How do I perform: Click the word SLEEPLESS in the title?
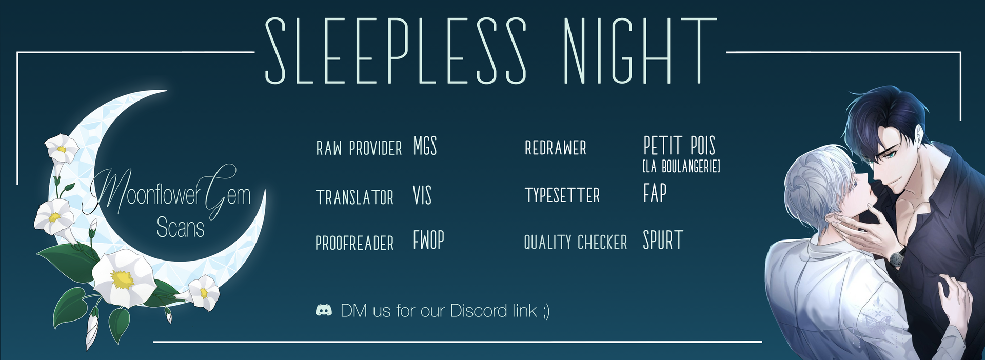coord(396,51)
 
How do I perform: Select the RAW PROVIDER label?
coord(359,148)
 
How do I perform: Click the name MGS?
coord(425,147)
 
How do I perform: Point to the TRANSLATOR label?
coord(354,197)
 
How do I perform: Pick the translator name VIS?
coord(422,195)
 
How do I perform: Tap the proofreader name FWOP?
coord(428,240)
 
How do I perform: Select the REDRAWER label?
coord(555,148)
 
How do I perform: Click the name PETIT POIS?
coord(679,146)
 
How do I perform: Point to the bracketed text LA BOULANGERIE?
coord(681,166)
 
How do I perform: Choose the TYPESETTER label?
coord(562,195)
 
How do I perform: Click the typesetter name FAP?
coord(655,193)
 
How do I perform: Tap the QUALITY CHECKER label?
coord(576,242)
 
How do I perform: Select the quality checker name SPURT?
coord(663,240)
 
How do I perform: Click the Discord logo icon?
coord(324,310)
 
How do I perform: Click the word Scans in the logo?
coord(180,228)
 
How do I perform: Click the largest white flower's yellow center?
coord(122,279)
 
